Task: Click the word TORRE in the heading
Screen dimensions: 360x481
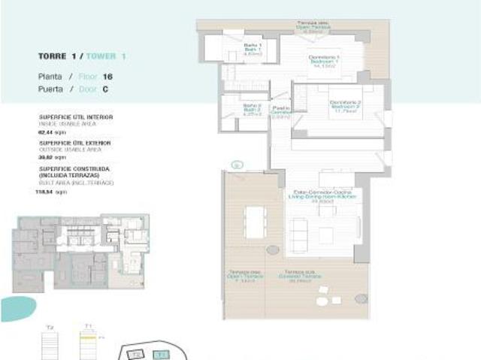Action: [x=50, y=56]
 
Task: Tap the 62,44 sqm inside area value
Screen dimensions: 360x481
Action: [x=47, y=132]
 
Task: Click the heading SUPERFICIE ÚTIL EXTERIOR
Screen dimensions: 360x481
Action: [x=74, y=142]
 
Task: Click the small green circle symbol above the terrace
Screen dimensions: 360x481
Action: [x=237, y=164]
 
